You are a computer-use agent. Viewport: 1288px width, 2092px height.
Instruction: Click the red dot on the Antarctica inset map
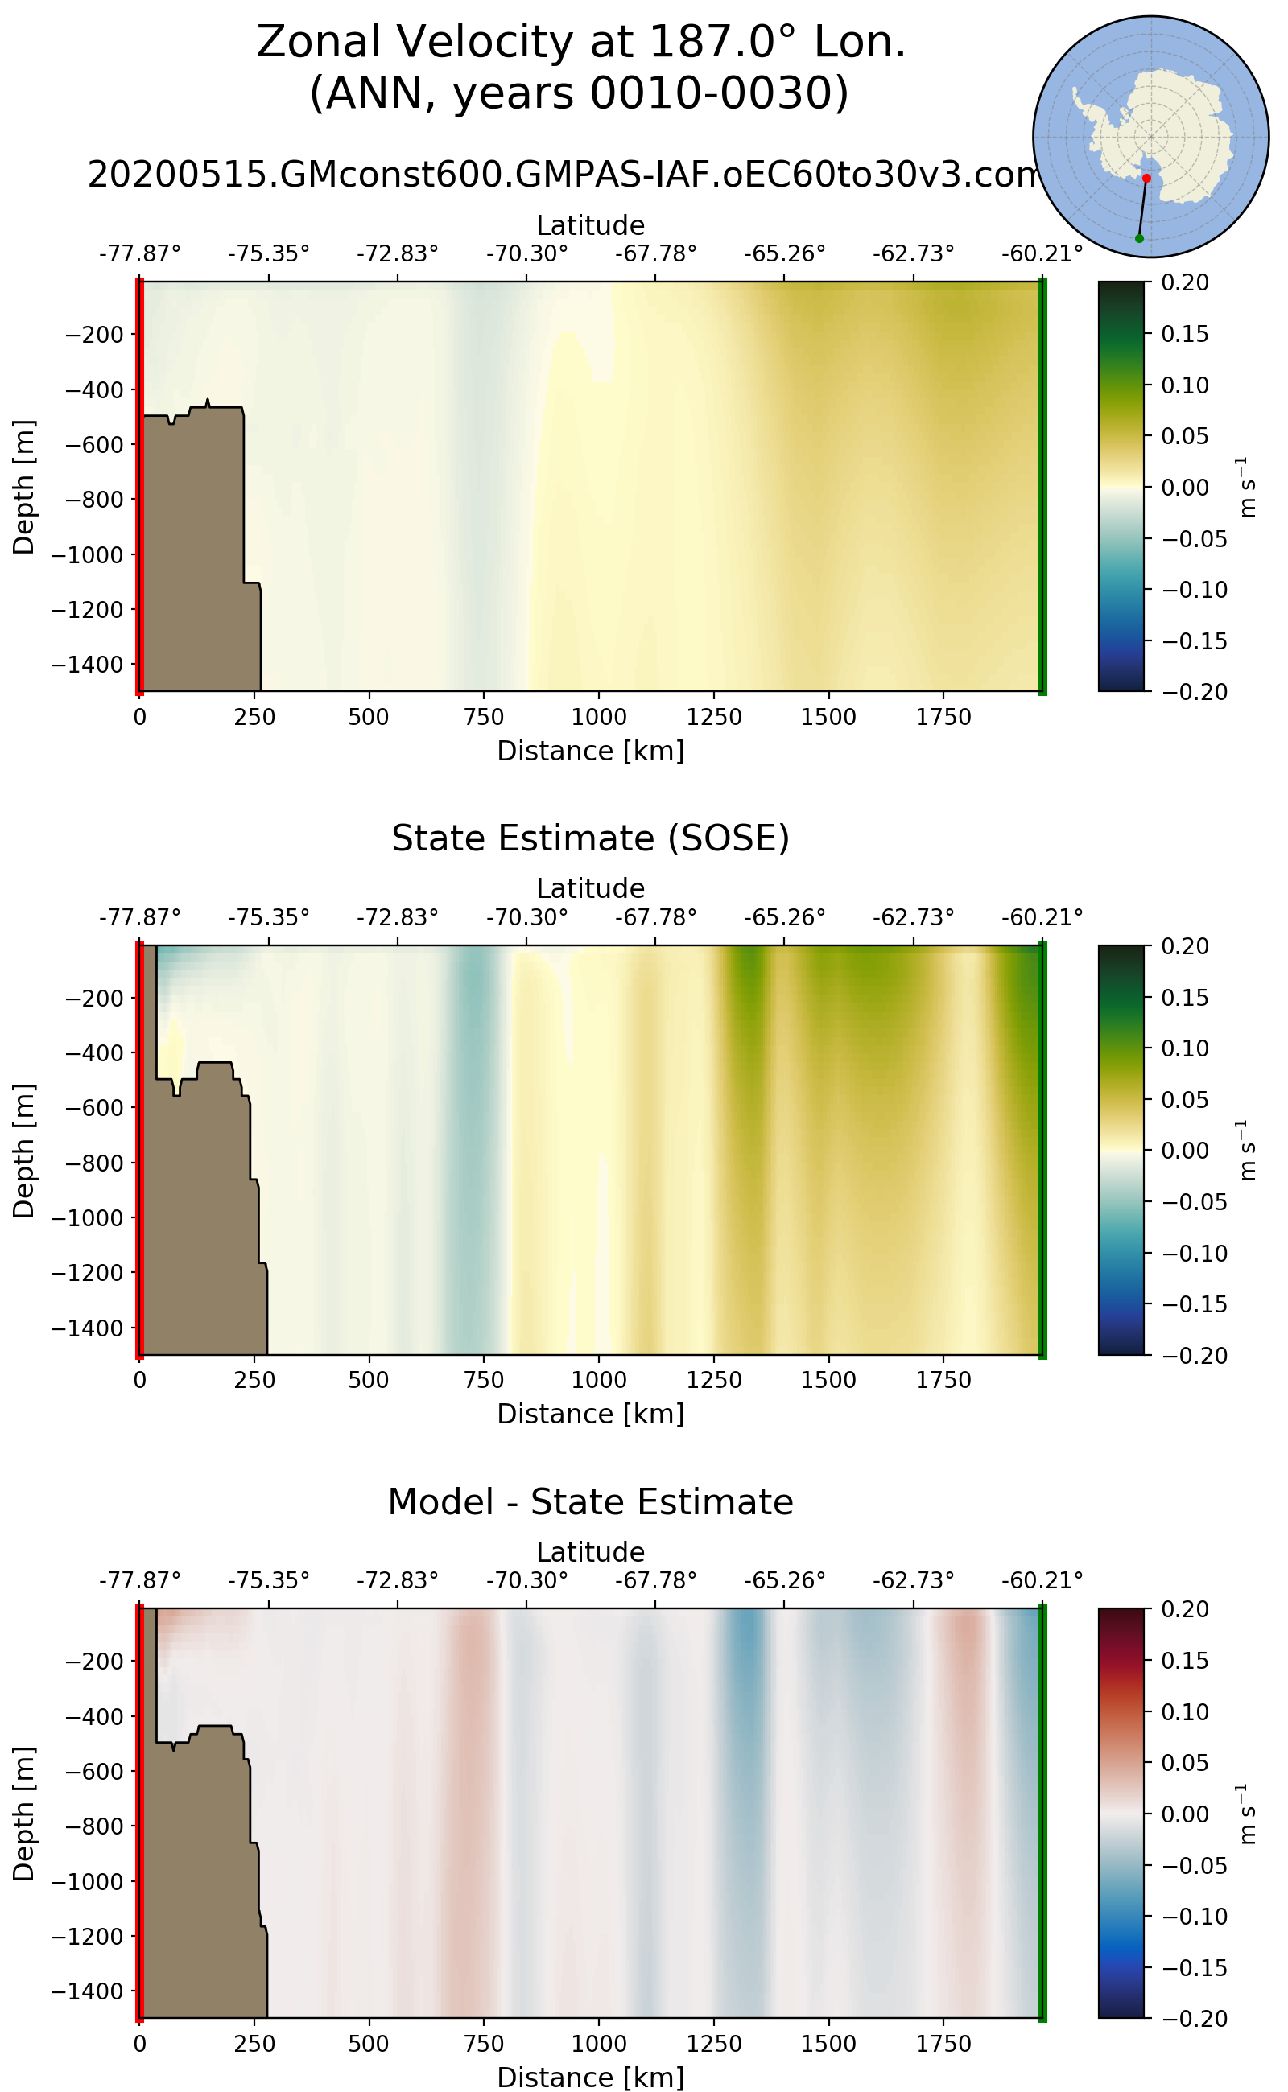[1146, 178]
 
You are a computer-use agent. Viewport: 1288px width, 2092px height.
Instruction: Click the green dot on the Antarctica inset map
[1139, 238]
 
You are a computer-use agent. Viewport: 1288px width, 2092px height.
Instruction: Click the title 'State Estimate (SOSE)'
[590, 838]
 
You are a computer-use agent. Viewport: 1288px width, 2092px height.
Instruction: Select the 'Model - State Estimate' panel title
[590, 1502]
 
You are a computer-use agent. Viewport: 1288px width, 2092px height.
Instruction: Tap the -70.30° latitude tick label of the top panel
[526, 253]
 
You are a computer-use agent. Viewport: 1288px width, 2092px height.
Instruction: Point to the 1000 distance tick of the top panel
[599, 717]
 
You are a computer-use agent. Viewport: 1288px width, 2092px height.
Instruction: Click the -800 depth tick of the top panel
[88, 499]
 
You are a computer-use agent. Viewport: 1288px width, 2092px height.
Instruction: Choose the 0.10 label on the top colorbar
[1185, 385]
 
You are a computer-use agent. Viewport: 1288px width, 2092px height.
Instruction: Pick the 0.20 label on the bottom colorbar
[1185, 1609]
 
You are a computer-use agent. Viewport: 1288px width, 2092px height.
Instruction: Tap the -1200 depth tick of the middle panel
[88, 1272]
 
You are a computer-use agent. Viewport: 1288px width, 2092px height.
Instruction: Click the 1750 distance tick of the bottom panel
[943, 2044]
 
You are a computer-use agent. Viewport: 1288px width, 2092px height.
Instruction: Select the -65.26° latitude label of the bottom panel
[785, 1581]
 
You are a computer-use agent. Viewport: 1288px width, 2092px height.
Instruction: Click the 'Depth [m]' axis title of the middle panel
[24, 1151]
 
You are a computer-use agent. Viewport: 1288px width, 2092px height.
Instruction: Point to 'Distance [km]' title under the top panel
[590, 751]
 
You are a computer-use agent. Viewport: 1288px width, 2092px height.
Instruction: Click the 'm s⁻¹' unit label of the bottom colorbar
[1247, 1814]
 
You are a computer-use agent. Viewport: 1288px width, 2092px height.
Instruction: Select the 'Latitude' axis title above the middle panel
[590, 888]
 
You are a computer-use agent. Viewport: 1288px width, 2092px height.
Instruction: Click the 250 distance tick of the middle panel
[254, 1379]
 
